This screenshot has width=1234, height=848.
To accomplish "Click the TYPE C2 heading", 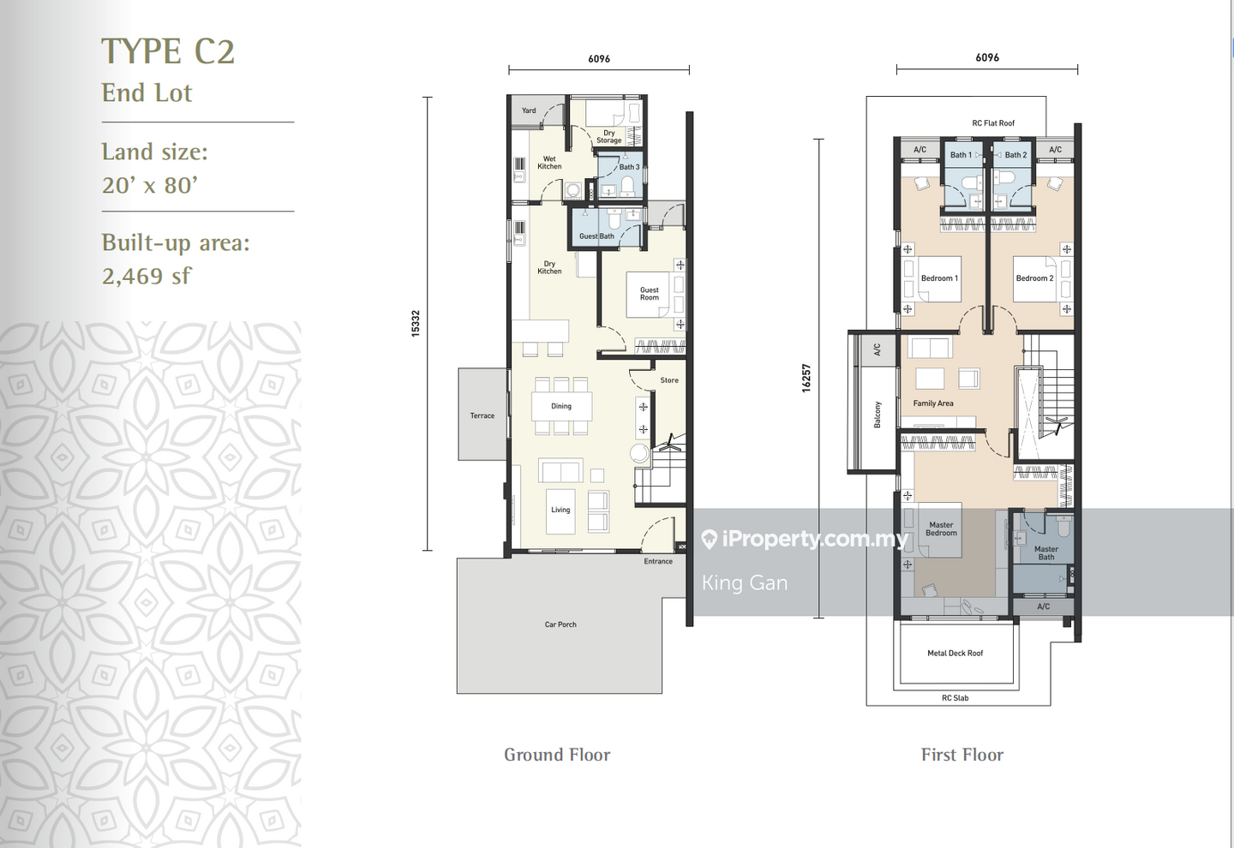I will (x=168, y=52).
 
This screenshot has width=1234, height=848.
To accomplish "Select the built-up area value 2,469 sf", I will (x=147, y=276).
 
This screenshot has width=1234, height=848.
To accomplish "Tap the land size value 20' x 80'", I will (x=150, y=185).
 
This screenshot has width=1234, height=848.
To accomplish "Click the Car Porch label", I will (x=560, y=624).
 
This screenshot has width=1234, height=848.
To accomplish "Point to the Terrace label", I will (x=482, y=415).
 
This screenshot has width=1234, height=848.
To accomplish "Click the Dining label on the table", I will (x=561, y=406).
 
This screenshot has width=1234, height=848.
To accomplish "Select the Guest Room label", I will (x=650, y=294).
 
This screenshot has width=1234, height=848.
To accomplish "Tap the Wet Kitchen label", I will (x=549, y=163).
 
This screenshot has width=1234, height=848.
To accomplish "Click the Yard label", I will (x=529, y=110).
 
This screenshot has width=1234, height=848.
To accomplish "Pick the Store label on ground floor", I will (x=669, y=380).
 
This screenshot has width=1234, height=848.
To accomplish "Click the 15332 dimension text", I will (x=416, y=323).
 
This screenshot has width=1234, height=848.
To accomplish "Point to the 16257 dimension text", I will (x=806, y=378).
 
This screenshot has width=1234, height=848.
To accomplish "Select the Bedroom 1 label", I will (x=939, y=278).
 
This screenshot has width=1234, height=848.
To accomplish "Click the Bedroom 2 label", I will (x=1034, y=278).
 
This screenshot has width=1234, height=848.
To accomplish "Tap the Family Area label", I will (x=933, y=403).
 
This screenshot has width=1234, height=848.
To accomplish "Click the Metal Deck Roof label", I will (x=955, y=654).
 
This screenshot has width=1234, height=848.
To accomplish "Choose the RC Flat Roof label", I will (x=993, y=123).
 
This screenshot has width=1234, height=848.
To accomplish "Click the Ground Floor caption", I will (x=557, y=755).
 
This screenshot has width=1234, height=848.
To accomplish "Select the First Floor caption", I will (x=961, y=755).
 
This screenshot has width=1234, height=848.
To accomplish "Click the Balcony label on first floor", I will (x=878, y=415).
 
